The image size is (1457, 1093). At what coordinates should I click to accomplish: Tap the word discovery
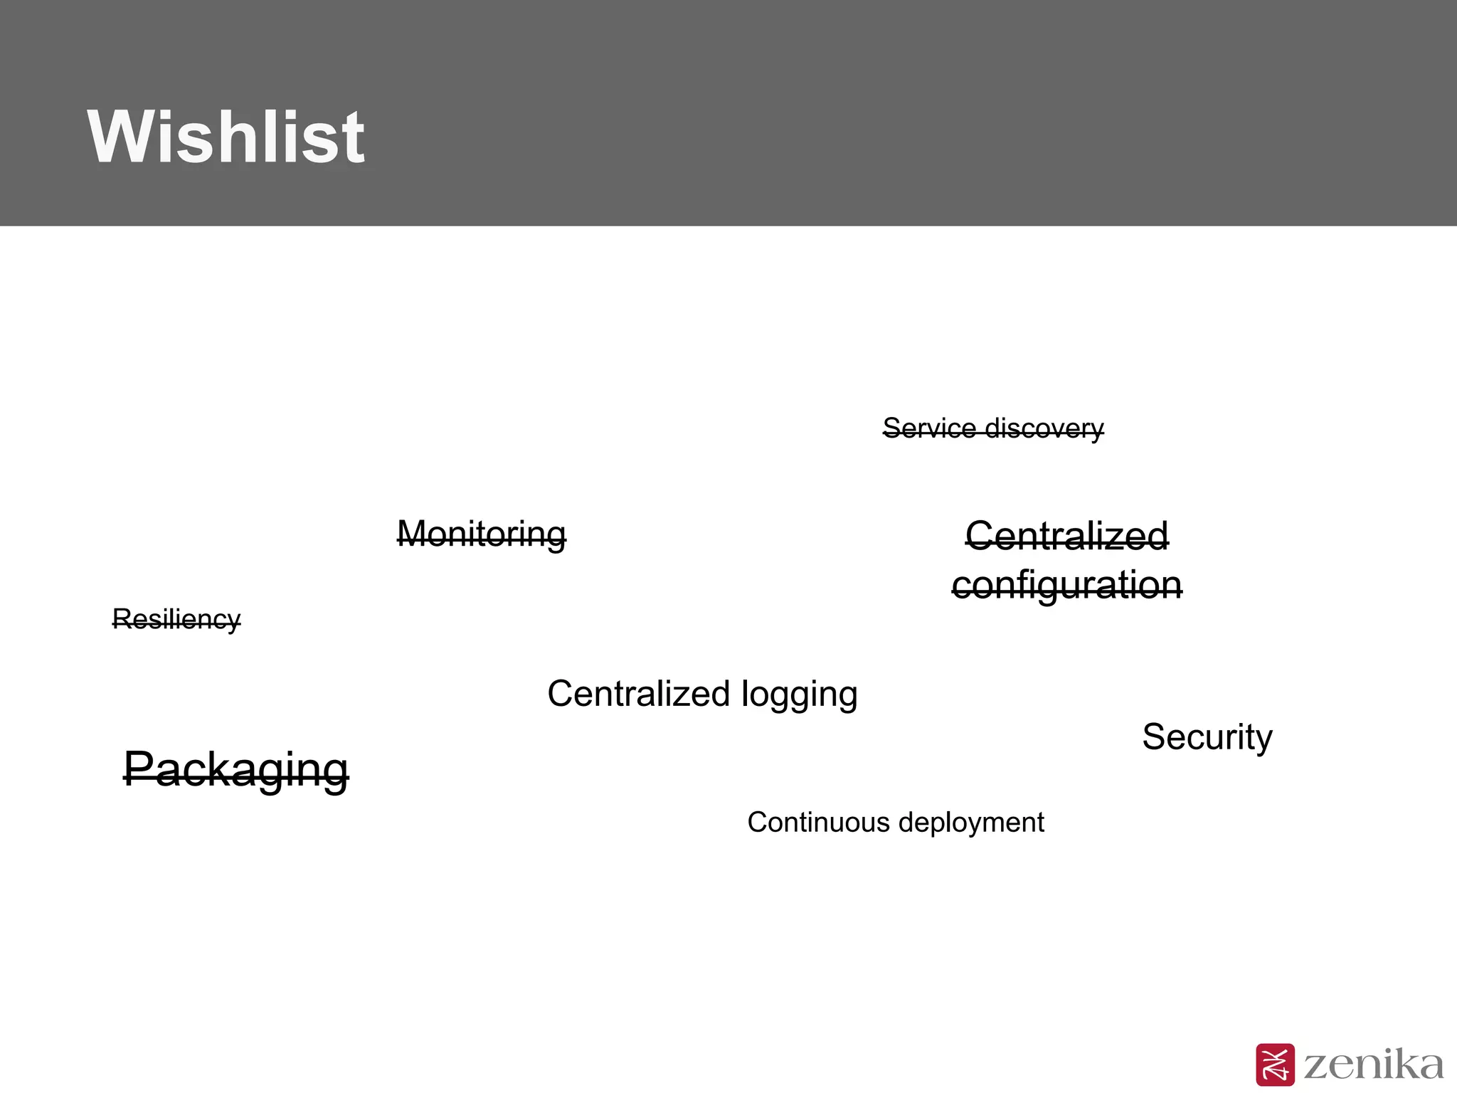click(x=1044, y=428)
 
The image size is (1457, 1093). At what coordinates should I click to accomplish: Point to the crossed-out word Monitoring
click(x=482, y=534)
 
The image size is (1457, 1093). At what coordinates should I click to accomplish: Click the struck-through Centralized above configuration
click(x=1066, y=536)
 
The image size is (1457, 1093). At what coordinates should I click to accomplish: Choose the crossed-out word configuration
click(x=1066, y=585)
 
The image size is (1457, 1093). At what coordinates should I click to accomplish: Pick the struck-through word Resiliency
click(x=176, y=619)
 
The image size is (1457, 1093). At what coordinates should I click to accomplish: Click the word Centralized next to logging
click(x=638, y=694)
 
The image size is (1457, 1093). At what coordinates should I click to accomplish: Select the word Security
click(x=1207, y=737)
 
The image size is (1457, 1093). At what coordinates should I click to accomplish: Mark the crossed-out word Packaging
click(x=236, y=769)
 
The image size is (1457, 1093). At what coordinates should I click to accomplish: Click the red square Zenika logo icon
click(x=1275, y=1065)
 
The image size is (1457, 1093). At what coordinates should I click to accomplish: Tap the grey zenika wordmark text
click(x=1373, y=1065)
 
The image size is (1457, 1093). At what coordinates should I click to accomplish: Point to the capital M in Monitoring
click(x=412, y=533)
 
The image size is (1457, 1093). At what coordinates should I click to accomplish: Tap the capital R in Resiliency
click(x=121, y=618)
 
